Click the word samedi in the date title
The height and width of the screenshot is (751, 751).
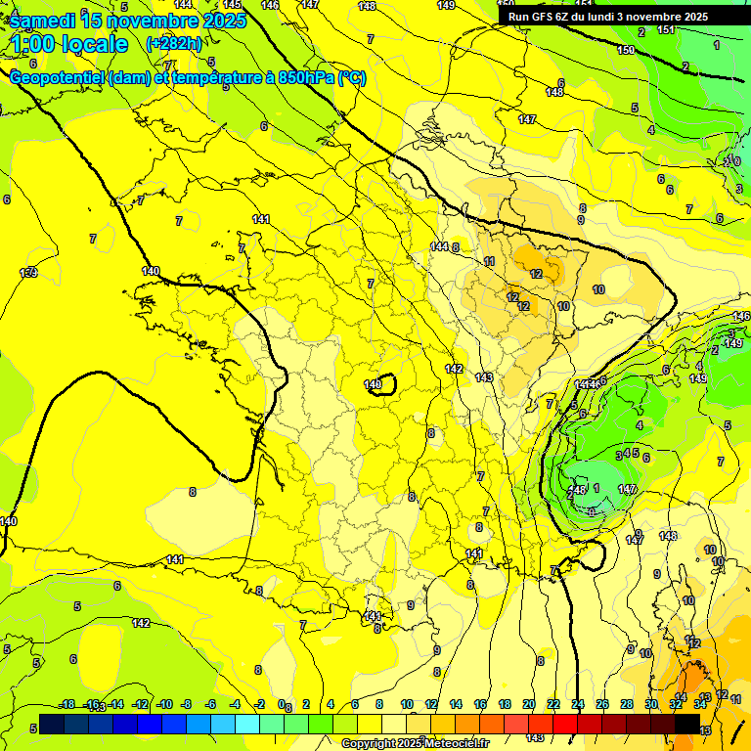(43, 21)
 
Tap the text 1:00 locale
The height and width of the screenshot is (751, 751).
(69, 44)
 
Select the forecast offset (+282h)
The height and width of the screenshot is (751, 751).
(174, 44)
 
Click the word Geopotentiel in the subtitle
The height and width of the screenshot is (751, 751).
(58, 78)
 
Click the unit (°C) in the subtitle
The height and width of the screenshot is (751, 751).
(351, 78)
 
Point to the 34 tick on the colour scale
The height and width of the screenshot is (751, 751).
(700, 704)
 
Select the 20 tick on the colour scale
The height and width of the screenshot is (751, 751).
(529, 704)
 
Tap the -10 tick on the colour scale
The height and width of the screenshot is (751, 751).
(164, 704)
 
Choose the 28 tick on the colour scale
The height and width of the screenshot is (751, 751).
(627, 704)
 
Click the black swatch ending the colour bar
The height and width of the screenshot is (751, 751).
(687, 724)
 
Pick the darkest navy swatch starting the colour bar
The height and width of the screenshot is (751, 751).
(53, 724)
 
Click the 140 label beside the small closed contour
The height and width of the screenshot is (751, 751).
(372, 384)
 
